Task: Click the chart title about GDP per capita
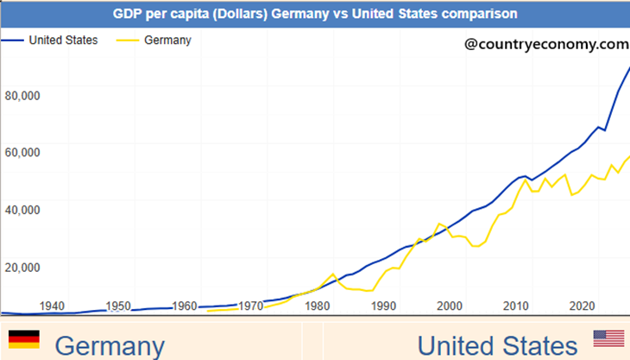pos(315,14)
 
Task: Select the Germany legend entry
pos(168,40)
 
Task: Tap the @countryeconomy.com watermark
pos(545,42)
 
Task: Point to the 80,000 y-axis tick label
pos(22,95)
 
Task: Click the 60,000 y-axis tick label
pos(22,152)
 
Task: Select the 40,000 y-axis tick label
pos(22,209)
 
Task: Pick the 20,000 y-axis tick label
pos(22,267)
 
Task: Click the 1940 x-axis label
pos(52,306)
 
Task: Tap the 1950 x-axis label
pos(118,306)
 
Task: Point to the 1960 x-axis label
pos(185,306)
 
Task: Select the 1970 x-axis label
pos(251,306)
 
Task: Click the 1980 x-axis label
pos(318,306)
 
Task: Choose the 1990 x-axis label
pos(384,306)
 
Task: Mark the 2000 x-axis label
pos(450,306)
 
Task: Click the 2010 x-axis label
pos(517,306)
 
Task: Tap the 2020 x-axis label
pos(583,306)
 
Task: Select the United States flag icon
pos(608,338)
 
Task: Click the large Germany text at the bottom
pos(109,346)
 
